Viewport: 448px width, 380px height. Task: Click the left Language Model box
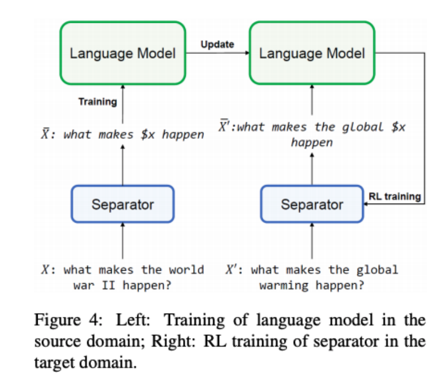click(123, 53)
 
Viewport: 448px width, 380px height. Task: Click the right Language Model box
click(312, 53)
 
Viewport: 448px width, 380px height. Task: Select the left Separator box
click(123, 205)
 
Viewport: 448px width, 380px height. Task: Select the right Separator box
click(312, 205)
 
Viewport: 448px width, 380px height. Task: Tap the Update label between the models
click(217, 44)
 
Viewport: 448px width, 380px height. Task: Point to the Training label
click(98, 102)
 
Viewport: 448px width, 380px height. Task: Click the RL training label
click(395, 197)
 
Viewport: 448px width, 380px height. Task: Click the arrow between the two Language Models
click(217, 53)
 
